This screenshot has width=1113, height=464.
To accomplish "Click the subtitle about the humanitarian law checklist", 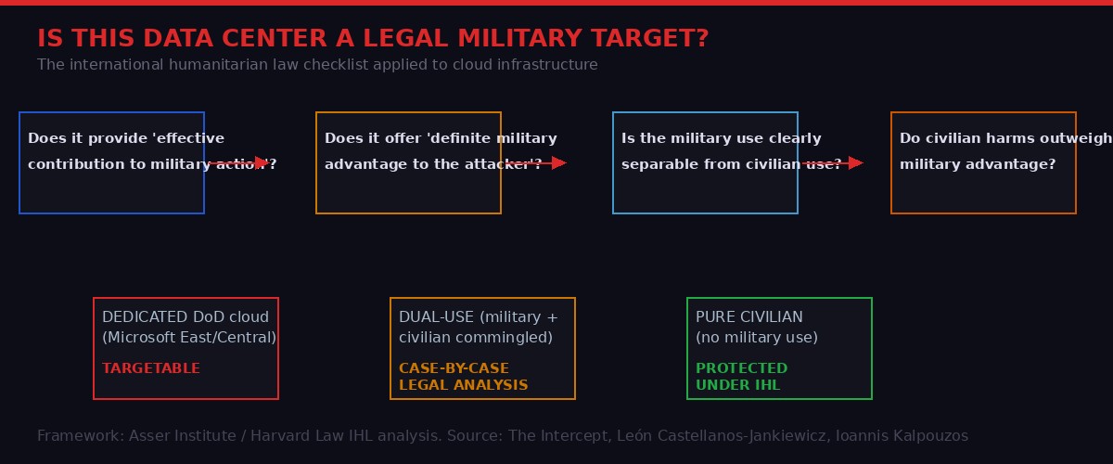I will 317,65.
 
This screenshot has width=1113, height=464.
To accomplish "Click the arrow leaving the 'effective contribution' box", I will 238,163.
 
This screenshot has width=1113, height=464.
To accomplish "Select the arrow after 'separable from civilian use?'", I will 832,163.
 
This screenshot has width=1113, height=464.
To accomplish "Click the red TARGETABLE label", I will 151,368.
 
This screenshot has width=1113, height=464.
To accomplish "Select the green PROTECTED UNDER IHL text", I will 741,377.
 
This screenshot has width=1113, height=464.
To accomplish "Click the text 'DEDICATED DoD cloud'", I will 185,317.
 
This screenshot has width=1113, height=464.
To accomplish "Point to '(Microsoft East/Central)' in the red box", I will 189,338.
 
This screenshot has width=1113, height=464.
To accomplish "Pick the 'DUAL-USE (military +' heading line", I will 479,317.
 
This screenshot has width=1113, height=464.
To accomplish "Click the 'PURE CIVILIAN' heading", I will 749,317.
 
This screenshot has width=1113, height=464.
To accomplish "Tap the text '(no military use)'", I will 757,338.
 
